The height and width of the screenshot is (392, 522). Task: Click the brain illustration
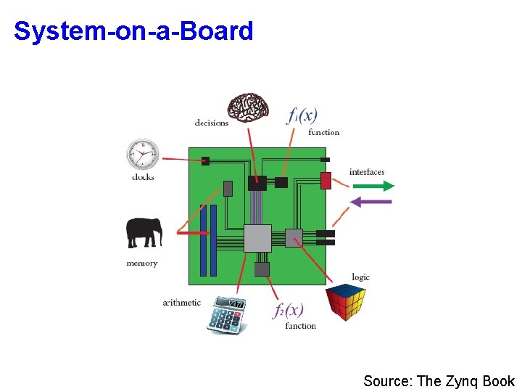click(248, 108)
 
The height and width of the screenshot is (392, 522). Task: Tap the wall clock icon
click(142, 153)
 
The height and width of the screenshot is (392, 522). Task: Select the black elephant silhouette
click(144, 233)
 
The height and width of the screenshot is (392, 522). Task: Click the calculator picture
click(226, 314)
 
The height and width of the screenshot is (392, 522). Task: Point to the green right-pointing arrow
click(373, 186)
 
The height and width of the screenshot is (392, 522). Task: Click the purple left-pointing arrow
click(371, 201)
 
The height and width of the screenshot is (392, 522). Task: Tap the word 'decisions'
click(211, 123)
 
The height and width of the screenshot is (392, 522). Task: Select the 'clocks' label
click(143, 177)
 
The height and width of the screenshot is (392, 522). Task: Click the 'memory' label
click(141, 264)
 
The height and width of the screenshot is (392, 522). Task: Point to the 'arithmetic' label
click(181, 302)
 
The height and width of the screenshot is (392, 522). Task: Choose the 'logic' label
click(360, 277)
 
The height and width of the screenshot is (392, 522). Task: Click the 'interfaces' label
click(366, 172)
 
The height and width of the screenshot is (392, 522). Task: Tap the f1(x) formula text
click(302, 115)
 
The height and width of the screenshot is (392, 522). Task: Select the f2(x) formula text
click(288, 310)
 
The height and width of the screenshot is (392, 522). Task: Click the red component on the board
click(326, 180)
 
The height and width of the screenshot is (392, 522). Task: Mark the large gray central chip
click(257, 238)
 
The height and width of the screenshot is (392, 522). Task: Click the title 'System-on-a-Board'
click(133, 31)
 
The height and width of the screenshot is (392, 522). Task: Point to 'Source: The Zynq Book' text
click(439, 381)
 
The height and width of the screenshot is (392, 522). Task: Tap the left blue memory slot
click(204, 240)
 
